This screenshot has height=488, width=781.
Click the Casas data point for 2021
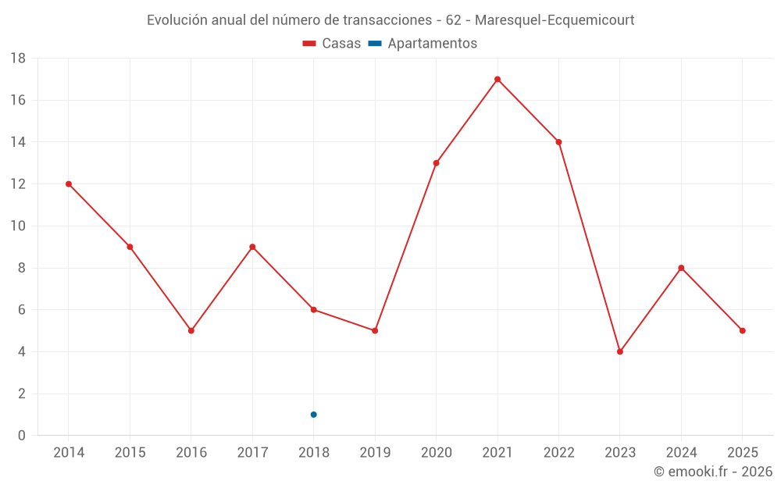[497, 79]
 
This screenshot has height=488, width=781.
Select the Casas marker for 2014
[69, 184]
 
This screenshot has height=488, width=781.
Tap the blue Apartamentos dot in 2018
[313, 415]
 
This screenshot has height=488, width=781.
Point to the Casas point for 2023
[620, 351]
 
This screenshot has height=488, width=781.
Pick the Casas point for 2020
[436, 163]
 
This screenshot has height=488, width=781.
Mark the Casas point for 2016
[191, 330]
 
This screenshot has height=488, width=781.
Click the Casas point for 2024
[681, 268]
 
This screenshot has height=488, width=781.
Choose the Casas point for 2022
[558, 142]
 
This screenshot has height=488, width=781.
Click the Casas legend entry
[332, 44]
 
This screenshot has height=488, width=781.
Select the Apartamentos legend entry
[423, 44]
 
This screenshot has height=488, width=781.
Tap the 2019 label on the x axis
[375, 453]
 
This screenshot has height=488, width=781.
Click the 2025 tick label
[742, 453]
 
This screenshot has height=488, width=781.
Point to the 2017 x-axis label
[252, 453]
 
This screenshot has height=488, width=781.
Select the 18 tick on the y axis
[18, 59]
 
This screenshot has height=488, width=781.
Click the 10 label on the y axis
[18, 226]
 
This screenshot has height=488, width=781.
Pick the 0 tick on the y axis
[22, 436]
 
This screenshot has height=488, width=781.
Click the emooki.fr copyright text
[713, 472]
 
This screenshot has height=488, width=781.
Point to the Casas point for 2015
[130, 247]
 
